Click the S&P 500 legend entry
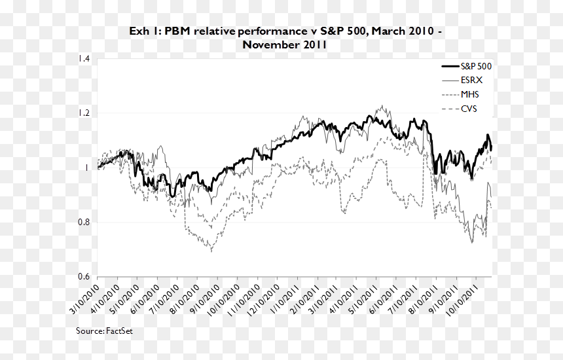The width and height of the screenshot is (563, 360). tap(466, 66)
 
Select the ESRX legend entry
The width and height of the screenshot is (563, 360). tap(462, 81)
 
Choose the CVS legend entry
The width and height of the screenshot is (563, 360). tap(459, 109)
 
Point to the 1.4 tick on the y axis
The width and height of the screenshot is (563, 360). tap(84, 58)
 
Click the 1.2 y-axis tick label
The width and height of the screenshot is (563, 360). tap(84, 113)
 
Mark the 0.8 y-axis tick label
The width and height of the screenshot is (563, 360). tap(84, 222)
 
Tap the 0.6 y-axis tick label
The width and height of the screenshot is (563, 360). tap(84, 276)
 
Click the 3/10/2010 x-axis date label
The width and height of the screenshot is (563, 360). tap(84, 299)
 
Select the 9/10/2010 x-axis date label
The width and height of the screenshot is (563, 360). tap(204, 299)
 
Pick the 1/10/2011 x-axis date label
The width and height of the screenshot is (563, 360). tap(284, 299)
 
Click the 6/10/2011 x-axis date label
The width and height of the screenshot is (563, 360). tap(384, 299)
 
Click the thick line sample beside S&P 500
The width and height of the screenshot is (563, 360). tap(450, 66)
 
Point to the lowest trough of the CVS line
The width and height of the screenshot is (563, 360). tap(211, 251)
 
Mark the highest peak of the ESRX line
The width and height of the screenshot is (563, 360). tap(382, 105)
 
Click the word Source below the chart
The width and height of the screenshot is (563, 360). tap(90, 331)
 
